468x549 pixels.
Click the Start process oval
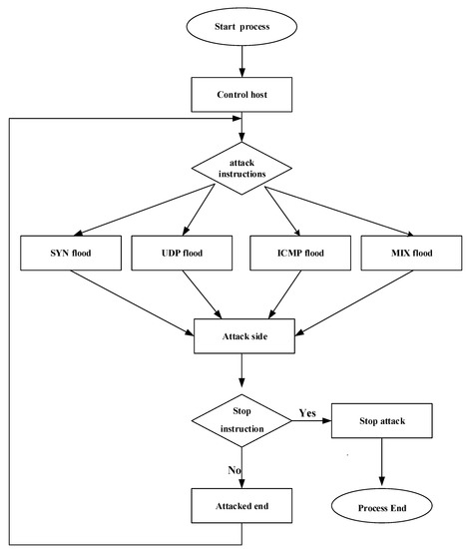pos(242,27)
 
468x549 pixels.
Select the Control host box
pos(242,95)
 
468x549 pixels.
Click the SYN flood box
pos(69,253)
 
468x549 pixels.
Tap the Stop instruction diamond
pos(242,422)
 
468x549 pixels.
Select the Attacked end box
pos(242,505)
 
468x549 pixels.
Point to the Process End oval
pos(382,507)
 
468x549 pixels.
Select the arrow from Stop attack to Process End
pos(382,463)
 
